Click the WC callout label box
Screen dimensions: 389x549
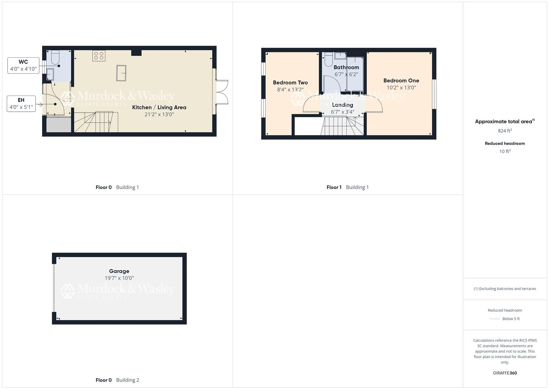[x=23, y=65]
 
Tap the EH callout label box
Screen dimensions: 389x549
[x=21, y=103]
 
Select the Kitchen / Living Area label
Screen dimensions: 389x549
[x=159, y=107]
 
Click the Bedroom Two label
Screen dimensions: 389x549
[x=290, y=82]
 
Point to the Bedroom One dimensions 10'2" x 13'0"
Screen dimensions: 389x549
[x=401, y=88]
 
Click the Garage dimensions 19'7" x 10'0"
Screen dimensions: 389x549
[x=119, y=278]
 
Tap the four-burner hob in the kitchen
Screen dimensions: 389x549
[x=99, y=55]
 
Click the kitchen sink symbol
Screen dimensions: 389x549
[x=122, y=73]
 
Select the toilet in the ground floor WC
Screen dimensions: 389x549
[x=55, y=57]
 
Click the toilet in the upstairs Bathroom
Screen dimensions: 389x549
[x=328, y=59]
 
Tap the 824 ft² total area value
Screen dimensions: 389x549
[x=505, y=131]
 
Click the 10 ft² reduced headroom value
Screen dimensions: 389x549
[x=505, y=151]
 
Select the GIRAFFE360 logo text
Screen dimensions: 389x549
[x=505, y=373]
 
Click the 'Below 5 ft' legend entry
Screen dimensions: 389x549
[x=511, y=319]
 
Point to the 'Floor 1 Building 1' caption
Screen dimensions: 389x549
[x=347, y=187]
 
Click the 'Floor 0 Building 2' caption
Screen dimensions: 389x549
[x=117, y=380]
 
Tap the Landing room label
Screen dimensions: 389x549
[x=342, y=105]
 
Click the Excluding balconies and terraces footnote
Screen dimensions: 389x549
[x=505, y=289]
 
